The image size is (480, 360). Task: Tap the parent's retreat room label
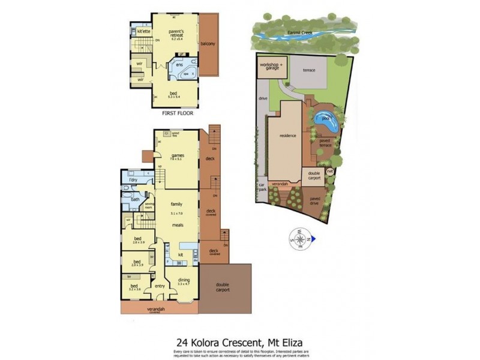[x=176, y=34]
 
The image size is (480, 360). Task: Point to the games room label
[x=177, y=157]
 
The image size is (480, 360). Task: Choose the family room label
[x=176, y=204]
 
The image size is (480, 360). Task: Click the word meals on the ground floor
[x=176, y=225]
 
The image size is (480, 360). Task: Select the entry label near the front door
[x=160, y=286]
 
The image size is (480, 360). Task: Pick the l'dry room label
[x=134, y=180]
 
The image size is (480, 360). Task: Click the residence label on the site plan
[x=288, y=136]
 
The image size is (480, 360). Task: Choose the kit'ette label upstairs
[x=143, y=31]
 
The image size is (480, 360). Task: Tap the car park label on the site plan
[x=262, y=187]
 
